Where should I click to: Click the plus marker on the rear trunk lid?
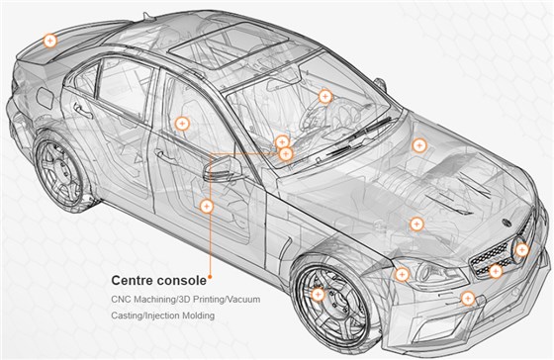point(50,41)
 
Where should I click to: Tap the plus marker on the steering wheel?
point(325,96)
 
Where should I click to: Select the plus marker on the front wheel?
point(318,293)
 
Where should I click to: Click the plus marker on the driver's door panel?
point(207,206)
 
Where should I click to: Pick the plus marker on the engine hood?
point(419,145)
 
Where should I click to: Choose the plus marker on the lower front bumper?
point(468,297)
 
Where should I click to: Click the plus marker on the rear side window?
point(181,124)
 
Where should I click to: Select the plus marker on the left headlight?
point(402,274)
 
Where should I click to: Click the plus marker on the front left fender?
point(416,225)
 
